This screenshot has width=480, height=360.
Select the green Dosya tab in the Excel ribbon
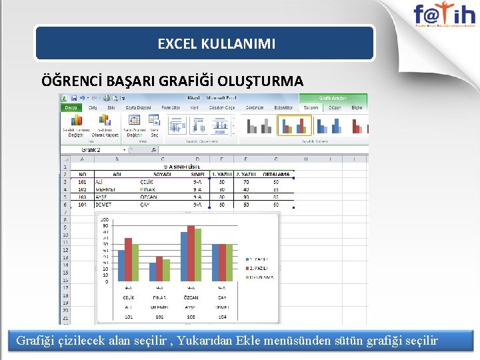[x=71, y=107]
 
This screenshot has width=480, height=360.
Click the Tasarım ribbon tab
[x=311, y=107]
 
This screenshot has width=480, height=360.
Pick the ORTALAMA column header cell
[x=275, y=174]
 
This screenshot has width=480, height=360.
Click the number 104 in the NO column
[x=82, y=205]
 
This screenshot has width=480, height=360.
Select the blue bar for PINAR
[x=153, y=271]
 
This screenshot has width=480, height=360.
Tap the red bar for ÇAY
[x=223, y=262]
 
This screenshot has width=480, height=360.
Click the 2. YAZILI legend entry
[x=259, y=267]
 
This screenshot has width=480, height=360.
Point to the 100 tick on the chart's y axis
[x=104, y=220]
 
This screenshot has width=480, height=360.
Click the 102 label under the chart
[x=159, y=317]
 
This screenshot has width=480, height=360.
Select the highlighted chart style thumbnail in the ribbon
[x=294, y=125]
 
